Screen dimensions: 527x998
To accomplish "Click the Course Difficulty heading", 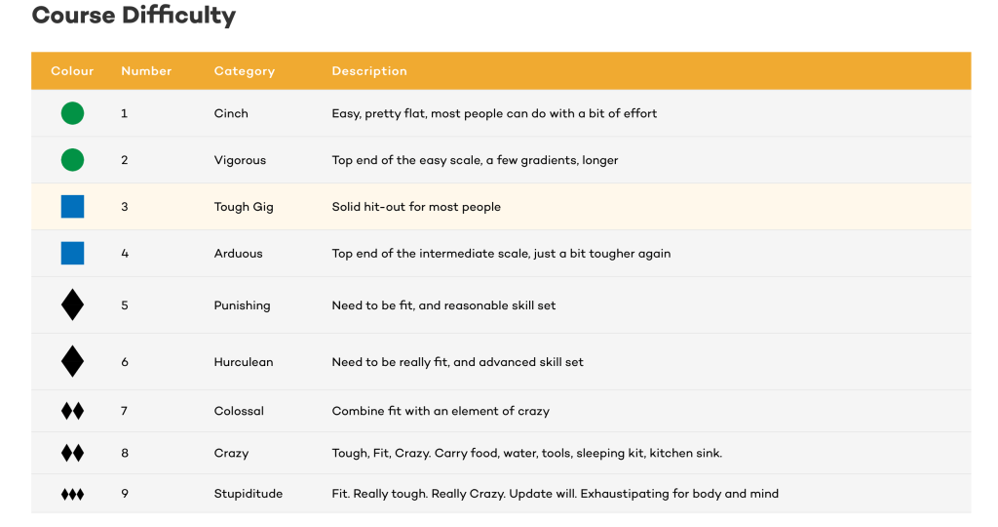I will [x=134, y=17].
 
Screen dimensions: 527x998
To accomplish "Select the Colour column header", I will [x=72, y=71].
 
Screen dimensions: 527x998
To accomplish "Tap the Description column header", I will [x=369, y=71].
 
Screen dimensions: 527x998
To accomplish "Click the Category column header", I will [x=245, y=71].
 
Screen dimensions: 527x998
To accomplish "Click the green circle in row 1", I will [x=72, y=113].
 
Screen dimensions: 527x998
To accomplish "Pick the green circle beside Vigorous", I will [x=72, y=160].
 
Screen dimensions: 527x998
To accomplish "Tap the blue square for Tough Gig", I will [x=72, y=207].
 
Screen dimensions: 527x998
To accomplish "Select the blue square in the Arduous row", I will [x=72, y=254].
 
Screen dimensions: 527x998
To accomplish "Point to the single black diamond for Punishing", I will [x=72, y=305].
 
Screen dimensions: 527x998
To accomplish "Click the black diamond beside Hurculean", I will [x=72, y=362].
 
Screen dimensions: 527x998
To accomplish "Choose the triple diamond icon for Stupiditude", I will [x=72, y=495].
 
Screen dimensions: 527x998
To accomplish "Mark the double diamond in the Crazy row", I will [x=72, y=453].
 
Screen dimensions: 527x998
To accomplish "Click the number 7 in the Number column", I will [x=125, y=411].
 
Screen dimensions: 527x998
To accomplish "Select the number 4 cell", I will [x=125, y=254].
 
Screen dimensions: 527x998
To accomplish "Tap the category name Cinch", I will [x=231, y=113].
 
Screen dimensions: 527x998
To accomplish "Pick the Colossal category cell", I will [x=239, y=411].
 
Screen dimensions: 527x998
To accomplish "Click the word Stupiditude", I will [x=249, y=494].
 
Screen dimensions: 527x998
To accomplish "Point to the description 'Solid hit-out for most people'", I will [x=416, y=207].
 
